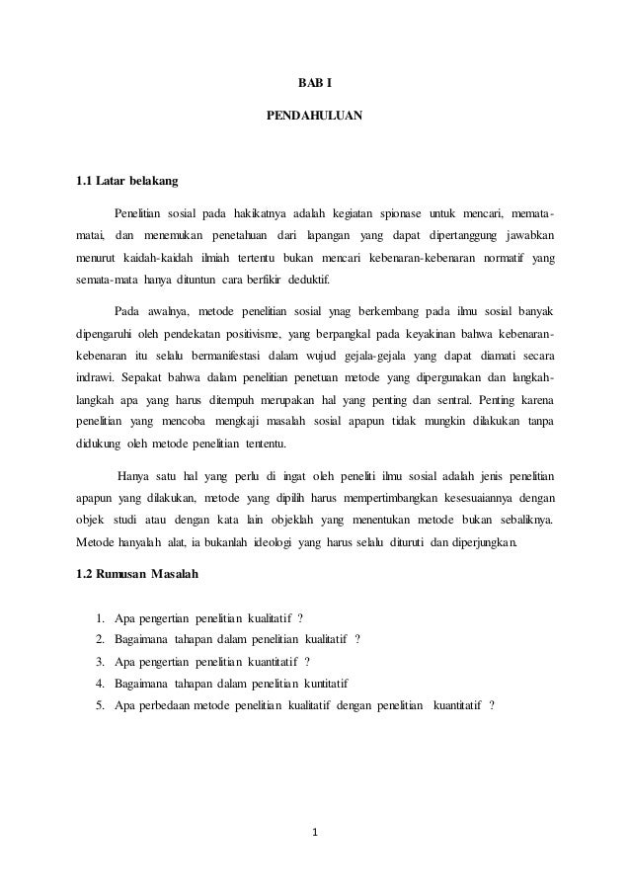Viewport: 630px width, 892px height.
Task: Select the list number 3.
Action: point(101,660)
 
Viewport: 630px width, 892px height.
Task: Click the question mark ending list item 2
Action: point(357,637)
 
